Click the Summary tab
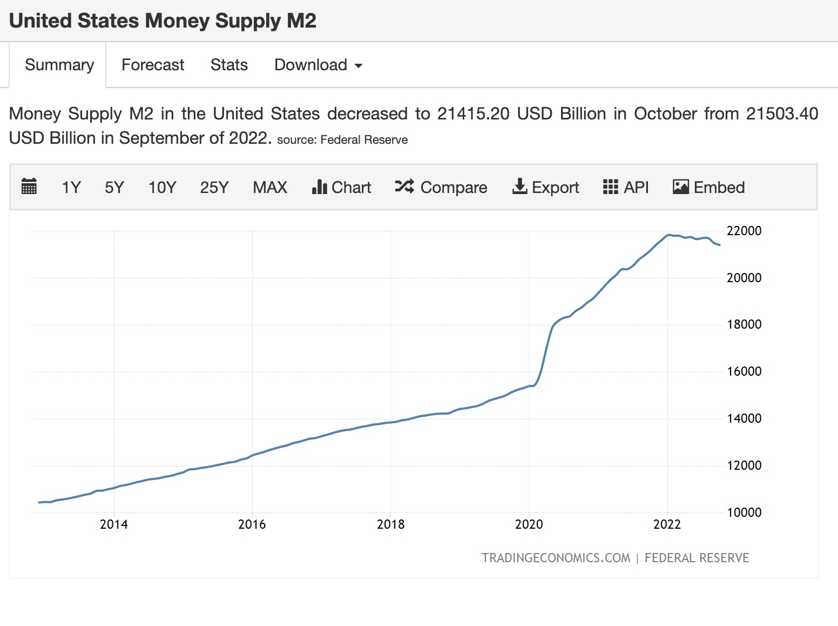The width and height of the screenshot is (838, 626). [x=59, y=65]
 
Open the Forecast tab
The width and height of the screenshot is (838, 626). [x=153, y=65]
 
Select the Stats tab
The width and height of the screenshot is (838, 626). [x=229, y=65]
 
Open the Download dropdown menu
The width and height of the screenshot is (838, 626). [x=318, y=65]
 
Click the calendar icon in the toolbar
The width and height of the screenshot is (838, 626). [x=29, y=187]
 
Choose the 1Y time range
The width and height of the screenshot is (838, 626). [x=71, y=188]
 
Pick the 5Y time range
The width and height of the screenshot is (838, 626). [x=114, y=188]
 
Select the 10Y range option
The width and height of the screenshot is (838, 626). [x=162, y=188]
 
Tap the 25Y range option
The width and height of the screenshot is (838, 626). [x=214, y=188]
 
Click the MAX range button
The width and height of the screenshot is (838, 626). [x=270, y=188]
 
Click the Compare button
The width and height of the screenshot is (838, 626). [x=441, y=188]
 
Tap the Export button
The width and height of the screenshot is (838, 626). [x=545, y=188]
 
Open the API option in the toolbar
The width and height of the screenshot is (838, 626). [x=626, y=188]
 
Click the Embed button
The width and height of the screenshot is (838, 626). [x=709, y=188]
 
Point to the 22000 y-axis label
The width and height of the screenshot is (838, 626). [x=744, y=231]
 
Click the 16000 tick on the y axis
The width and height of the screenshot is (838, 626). [x=744, y=371]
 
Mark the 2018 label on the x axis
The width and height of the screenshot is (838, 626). [x=390, y=524]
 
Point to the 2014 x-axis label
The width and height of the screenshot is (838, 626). [x=114, y=524]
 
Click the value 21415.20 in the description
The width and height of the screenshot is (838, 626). [x=474, y=114]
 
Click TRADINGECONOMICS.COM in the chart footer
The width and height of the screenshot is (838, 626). [x=556, y=558]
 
